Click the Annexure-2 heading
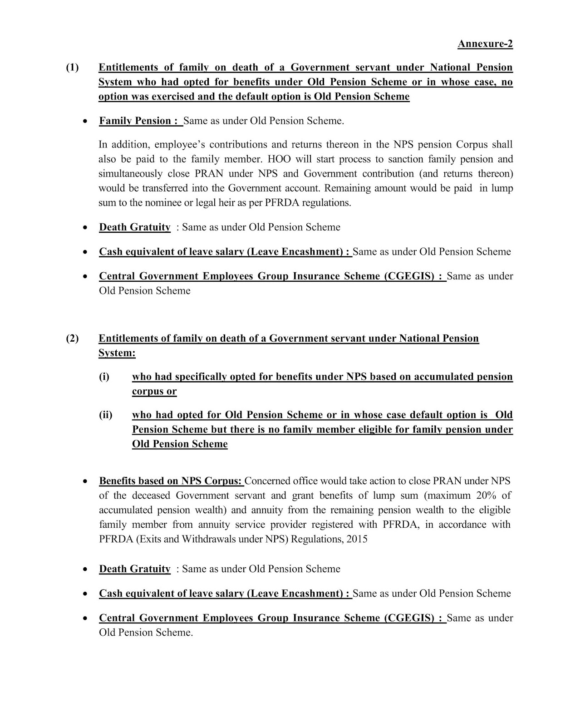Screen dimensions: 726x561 tap(485, 44)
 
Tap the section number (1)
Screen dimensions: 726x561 tap(72, 68)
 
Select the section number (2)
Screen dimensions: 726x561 tap(72, 338)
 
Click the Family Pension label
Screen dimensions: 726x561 tap(135, 121)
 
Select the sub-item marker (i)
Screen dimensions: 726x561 tap(104, 377)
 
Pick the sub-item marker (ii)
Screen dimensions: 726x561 tap(105, 415)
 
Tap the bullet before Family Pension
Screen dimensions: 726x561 tap(85, 121)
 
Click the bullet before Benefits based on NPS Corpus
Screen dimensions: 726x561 tap(85, 481)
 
